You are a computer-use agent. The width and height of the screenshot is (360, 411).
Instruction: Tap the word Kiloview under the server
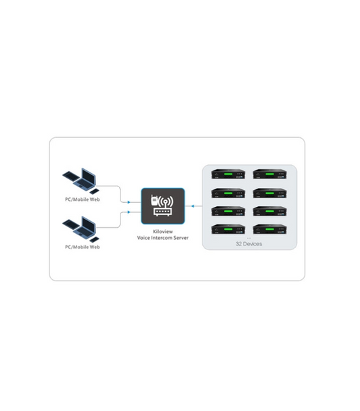[162, 231]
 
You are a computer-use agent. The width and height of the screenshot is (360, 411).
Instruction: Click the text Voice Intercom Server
[162, 237]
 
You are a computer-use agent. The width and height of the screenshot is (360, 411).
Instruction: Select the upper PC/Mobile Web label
[83, 200]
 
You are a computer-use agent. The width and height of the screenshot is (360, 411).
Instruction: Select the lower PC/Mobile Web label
[83, 247]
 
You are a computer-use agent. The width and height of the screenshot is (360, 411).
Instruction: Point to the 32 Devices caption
[250, 243]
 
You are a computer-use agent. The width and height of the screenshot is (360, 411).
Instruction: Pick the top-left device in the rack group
[228, 174]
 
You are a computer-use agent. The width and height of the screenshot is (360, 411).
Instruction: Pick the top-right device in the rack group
[270, 174]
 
